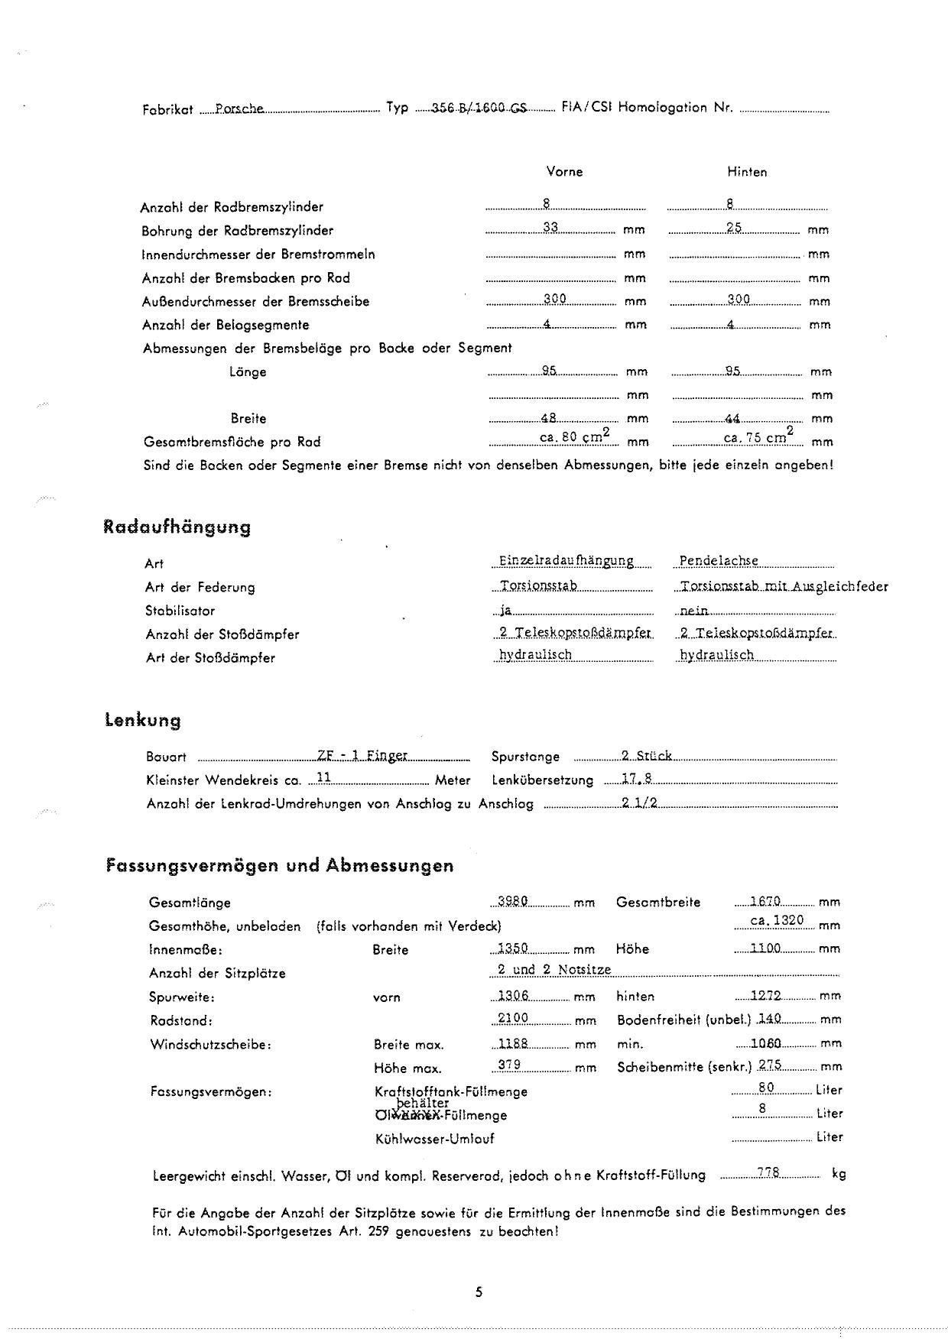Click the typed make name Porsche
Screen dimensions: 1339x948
point(239,109)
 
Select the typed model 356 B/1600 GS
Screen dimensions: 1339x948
point(479,109)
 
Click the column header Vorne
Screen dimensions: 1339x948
point(564,172)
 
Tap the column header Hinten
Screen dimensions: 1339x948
point(747,172)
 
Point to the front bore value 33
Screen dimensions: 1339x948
point(550,228)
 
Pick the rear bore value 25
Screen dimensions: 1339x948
point(734,228)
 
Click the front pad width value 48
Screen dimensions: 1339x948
point(548,418)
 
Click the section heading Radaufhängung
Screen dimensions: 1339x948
point(177,527)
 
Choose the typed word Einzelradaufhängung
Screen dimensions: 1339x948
point(567,561)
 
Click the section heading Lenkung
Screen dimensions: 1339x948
point(143,721)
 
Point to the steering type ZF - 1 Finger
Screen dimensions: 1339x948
point(362,756)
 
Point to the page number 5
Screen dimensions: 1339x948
point(479,1292)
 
